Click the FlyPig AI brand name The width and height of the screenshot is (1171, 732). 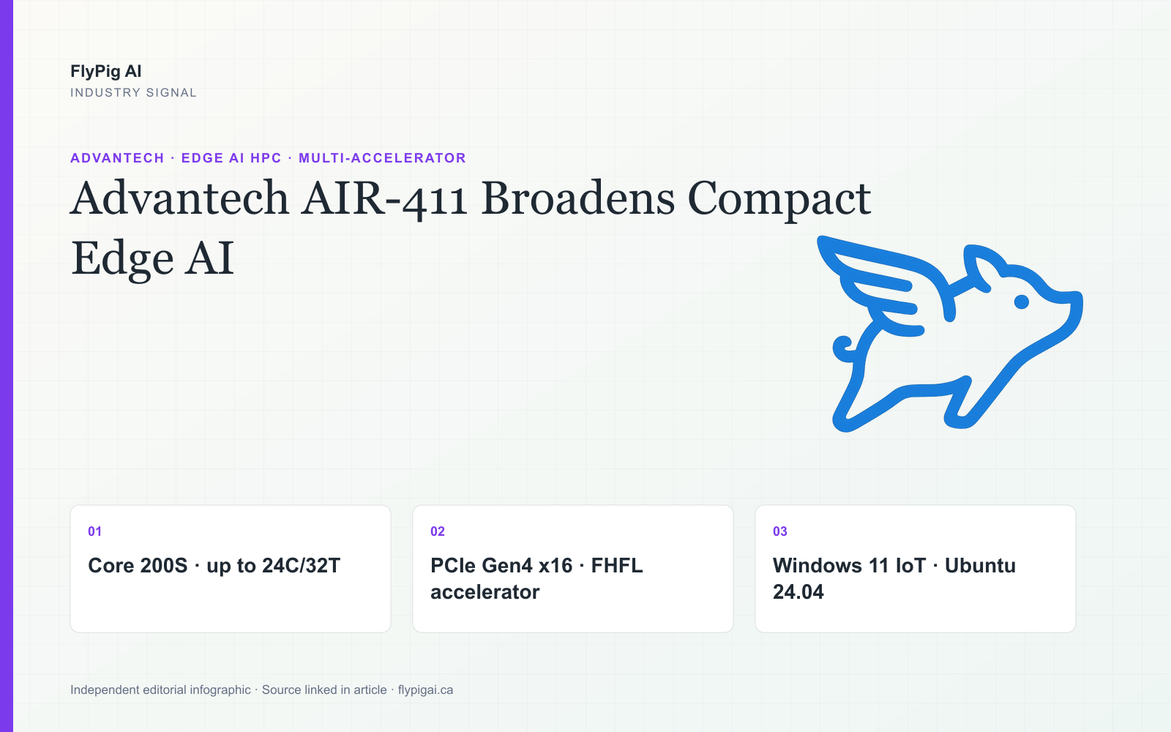[x=105, y=71]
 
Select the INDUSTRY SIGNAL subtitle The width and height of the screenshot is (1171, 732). [x=133, y=92]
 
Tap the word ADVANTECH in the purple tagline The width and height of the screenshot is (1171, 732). [x=117, y=158]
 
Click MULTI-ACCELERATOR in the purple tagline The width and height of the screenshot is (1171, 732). [x=382, y=158]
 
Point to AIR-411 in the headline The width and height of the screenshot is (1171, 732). [x=384, y=198]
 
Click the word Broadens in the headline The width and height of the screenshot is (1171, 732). [x=577, y=198]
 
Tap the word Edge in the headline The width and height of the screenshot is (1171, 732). [x=122, y=260]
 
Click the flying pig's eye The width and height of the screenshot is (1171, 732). [x=1022, y=302]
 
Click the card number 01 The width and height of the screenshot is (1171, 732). [x=94, y=531]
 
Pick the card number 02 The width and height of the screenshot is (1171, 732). [x=438, y=531]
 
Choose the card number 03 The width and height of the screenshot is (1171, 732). [x=780, y=531]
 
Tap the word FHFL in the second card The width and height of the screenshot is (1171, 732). [x=617, y=566]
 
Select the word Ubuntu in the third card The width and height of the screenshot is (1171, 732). [x=980, y=566]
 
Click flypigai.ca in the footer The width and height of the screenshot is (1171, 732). [x=425, y=690]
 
